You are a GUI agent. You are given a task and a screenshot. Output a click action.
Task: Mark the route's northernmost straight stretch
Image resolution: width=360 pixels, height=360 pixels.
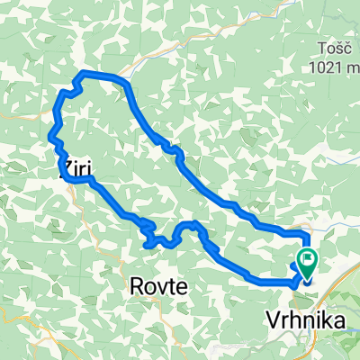tap(103, 74)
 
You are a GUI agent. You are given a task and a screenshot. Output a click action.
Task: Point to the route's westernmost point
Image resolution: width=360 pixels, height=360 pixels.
tap(49, 135)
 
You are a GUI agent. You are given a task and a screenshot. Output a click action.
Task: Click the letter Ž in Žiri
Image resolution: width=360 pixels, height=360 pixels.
tap(65, 166)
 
